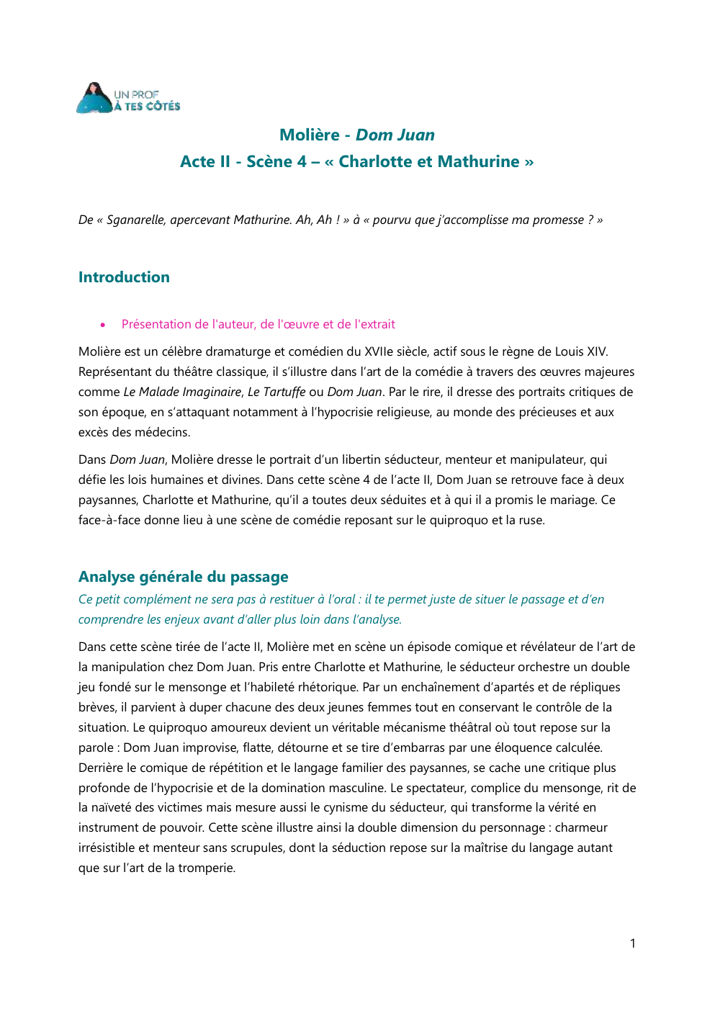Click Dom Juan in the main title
coord(395,135)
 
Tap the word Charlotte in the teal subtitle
coord(375,161)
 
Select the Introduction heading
coord(124,277)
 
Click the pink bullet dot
coord(103,325)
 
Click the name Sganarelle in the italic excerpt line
coord(135,220)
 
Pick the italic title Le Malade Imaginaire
coord(182,392)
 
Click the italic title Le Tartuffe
coord(276,392)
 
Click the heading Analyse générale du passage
coord(183,577)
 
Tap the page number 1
coord(632,943)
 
